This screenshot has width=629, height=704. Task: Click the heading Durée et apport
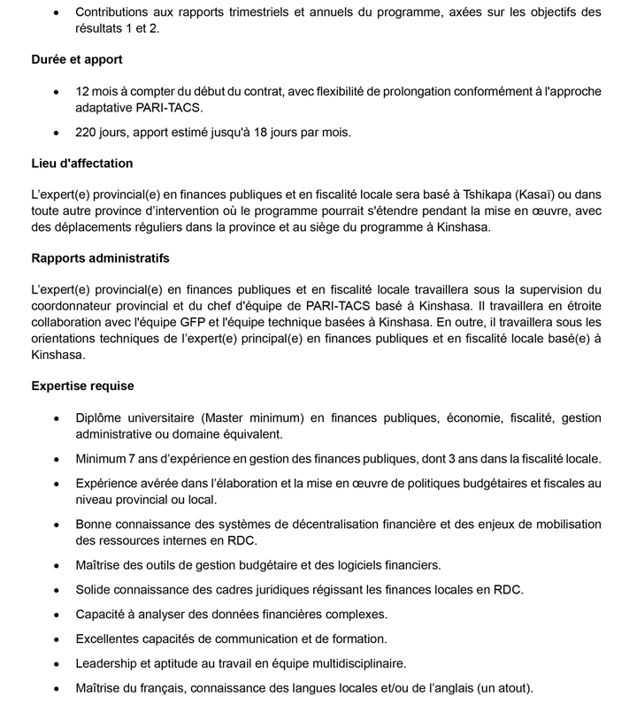click(77, 59)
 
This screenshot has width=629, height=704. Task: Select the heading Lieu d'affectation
click(81, 164)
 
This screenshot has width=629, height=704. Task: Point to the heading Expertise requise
click(82, 386)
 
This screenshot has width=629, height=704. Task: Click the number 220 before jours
click(87, 133)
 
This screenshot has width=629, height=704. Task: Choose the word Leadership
click(109, 662)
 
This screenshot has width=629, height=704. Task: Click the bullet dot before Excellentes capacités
click(58, 639)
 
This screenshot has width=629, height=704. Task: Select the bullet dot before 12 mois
click(58, 91)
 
